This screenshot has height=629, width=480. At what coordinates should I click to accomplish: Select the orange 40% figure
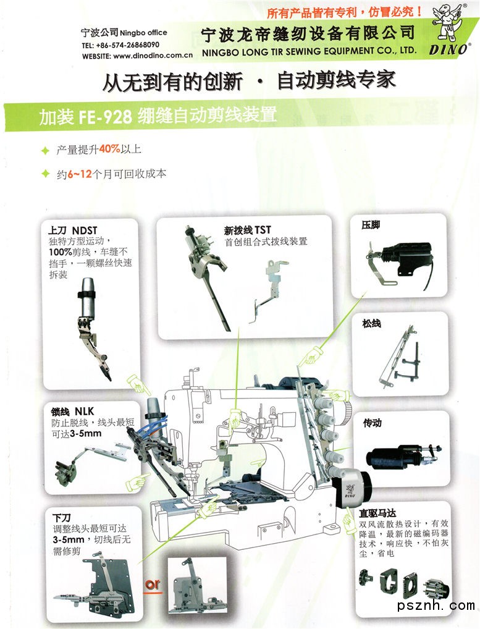pyautogui.click(x=109, y=149)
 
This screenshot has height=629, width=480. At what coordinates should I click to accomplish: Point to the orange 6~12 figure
pyautogui.click(x=80, y=174)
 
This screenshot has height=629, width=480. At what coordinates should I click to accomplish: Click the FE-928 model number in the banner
pyautogui.click(x=105, y=116)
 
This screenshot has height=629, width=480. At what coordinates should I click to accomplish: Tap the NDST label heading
pyautogui.click(x=84, y=230)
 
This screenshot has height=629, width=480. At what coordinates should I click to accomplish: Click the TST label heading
pyautogui.click(x=263, y=230)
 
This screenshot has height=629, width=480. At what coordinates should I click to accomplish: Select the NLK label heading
pyautogui.click(x=84, y=411)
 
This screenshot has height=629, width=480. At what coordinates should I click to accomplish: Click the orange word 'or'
pyautogui.click(x=153, y=585)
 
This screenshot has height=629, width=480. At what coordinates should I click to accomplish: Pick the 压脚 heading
pyautogui.click(x=371, y=225)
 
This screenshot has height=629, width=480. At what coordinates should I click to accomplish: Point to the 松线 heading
pyautogui.click(x=371, y=323)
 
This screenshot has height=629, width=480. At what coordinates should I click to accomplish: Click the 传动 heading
pyautogui.click(x=372, y=423)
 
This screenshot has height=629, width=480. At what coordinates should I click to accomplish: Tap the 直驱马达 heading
pyautogui.click(x=377, y=513)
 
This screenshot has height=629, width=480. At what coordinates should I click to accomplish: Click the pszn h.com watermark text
pyautogui.click(x=436, y=605)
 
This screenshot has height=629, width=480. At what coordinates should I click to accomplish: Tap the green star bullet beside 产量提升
pyautogui.click(x=45, y=150)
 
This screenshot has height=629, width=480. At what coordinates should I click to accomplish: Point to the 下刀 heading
pyautogui.click(x=62, y=518)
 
